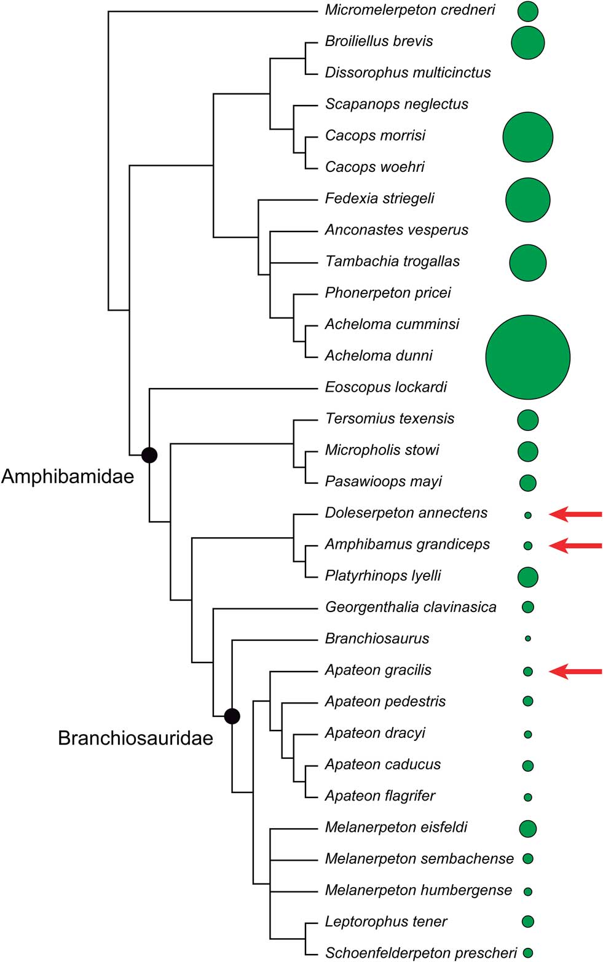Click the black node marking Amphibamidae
[149, 455]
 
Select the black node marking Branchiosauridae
[232, 716]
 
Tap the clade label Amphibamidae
[68, 476]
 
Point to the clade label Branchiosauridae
[135, 737]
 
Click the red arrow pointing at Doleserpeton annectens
[575, 514]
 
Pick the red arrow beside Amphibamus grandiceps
[575, 545]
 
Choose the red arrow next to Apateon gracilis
[575, 672]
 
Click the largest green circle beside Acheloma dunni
[527, 357]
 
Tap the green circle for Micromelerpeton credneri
[527, 11]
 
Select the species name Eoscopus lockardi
[385, 387]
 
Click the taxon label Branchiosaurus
[377, 638]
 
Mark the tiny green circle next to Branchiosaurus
[527, 639]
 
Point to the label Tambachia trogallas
[392, 262]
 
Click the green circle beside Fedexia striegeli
[527, 200]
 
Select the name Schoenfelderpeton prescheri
[421, 953]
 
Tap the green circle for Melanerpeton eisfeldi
[527, 828]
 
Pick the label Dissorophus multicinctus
[408, 72]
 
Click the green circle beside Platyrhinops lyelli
[527, 576]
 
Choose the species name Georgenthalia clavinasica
[411, 607]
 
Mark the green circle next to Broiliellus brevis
[527, 42]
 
